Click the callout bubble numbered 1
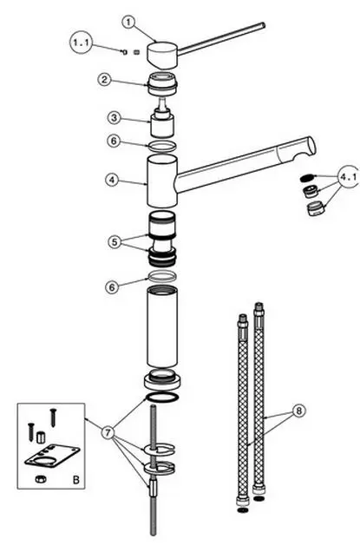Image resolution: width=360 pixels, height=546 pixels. tap(128, 23)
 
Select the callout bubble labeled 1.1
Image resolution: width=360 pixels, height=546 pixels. tap(82, 43)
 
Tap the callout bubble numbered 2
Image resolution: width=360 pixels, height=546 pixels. tap(104, 80)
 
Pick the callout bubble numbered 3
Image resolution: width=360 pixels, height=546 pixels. tap(114, 118)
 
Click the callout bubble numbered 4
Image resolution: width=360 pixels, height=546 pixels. tap(112, 180)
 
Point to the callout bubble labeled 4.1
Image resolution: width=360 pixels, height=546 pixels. tap(349, 176)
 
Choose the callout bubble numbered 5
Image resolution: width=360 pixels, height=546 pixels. tap(115, 241)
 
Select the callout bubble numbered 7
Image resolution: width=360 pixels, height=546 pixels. tap(108, 433)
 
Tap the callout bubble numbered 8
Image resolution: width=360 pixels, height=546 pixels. tap(298, 411)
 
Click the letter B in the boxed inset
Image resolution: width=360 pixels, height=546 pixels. tap(75, 480)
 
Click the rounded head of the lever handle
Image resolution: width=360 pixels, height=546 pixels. tap(161, 55)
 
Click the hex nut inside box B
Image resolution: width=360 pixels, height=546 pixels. tap(40, 478)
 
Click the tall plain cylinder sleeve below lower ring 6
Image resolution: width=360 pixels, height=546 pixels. tap(161, 326)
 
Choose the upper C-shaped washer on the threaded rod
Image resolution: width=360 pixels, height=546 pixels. tap(160, 450)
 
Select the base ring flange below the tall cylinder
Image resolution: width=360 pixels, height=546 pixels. tap(162, 380)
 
